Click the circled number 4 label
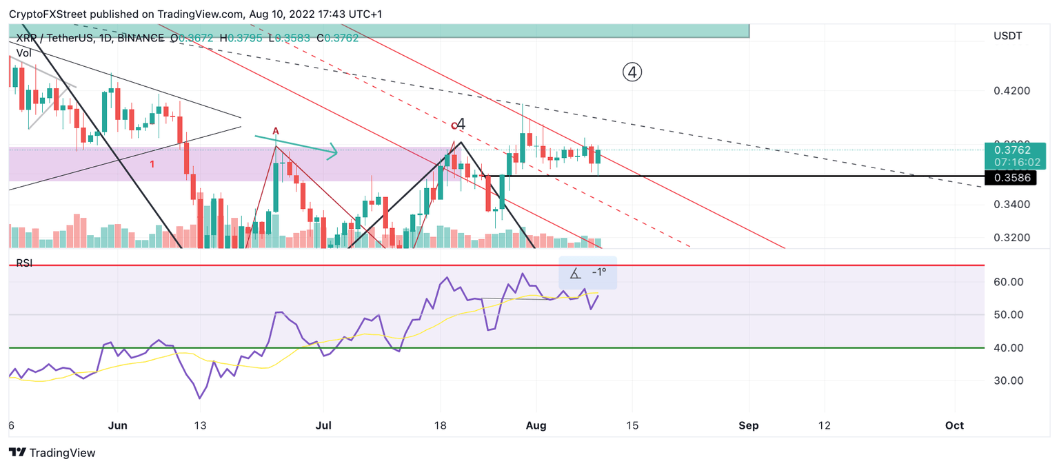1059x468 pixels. click(x=632, y=72)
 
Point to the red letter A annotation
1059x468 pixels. click(x=275, y=131)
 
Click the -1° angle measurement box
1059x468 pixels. click(x=587, y=273)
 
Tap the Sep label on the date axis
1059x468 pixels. click(x=748, y=426)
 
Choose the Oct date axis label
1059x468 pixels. click(x=954, y=426)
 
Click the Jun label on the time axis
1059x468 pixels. click(x=118, y=426)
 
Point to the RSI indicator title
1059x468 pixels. click(x=24, y=263)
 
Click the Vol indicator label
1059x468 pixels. click(x=24, y=52)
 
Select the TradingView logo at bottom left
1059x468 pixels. click(x=52, y=453)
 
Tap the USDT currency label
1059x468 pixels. click(x=1007, y=36)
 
